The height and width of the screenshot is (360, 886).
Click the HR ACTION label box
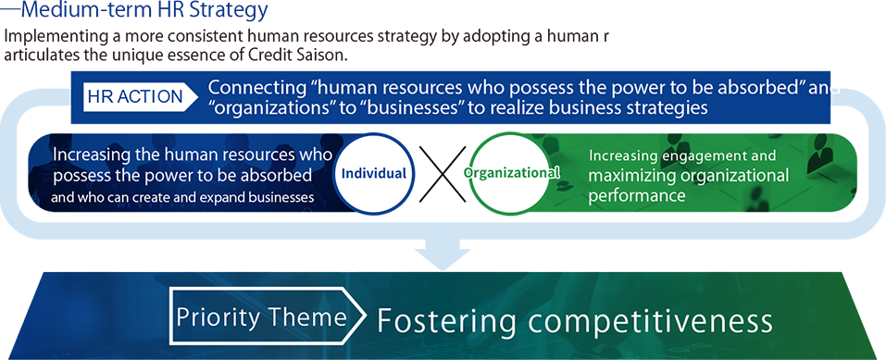coord(140,95)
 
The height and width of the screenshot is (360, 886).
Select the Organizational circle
coord(512,172)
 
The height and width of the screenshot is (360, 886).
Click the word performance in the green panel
coord(636,196)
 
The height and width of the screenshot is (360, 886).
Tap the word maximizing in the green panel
coord(628,176)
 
